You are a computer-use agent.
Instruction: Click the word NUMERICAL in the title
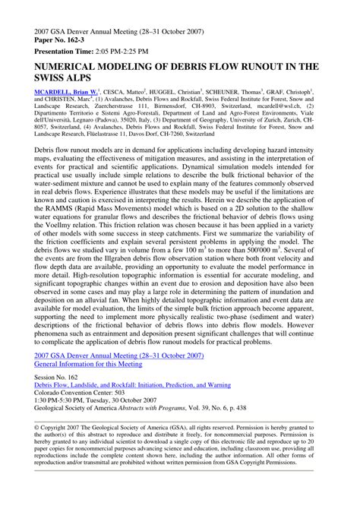click(71, 67)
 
